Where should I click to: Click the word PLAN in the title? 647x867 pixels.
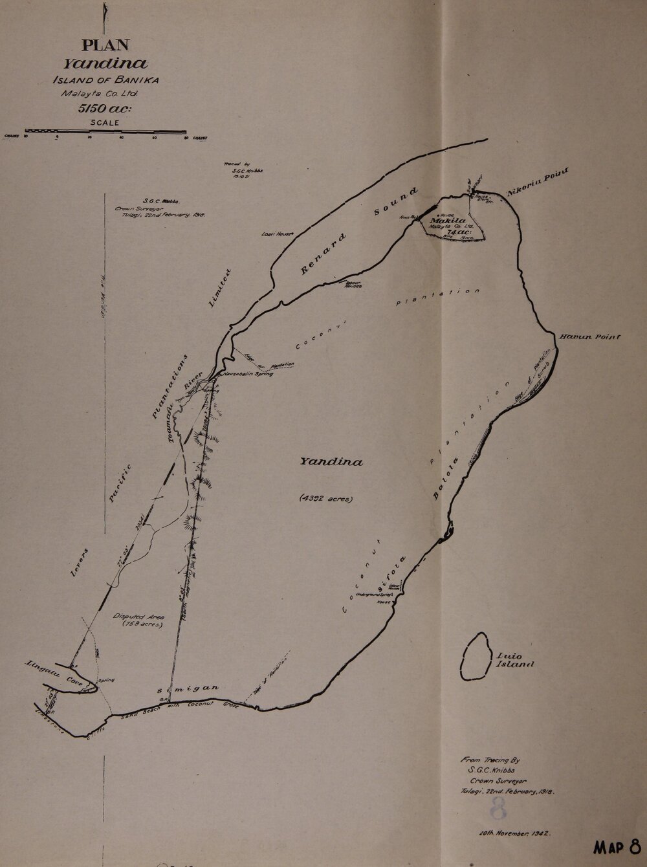pos(105,45)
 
